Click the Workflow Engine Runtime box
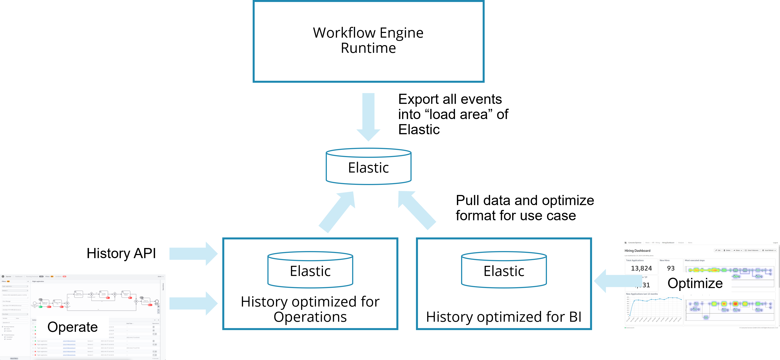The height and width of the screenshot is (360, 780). pos(368,41)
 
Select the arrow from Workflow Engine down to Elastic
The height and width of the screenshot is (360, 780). pos(368,117)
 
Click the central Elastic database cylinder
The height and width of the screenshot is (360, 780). pos(368,167)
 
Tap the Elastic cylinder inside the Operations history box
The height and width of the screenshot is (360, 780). pos(310,270)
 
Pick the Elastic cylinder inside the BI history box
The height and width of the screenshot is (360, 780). pos(504,270)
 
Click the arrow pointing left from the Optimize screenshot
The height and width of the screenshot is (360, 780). pos(615,281)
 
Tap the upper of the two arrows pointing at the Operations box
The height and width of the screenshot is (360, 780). pos(194,254)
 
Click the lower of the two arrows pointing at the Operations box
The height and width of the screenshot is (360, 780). pos(194,303)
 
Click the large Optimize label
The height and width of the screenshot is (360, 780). pos(695,283)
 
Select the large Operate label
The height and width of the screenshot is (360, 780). pos(73,327)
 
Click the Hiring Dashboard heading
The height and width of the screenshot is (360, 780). pos(637,251)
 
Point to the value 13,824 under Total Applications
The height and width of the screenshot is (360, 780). pos(641,268)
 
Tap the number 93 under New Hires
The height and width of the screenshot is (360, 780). pos(671,268)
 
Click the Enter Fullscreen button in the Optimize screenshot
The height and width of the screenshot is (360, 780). pos(752,250)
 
